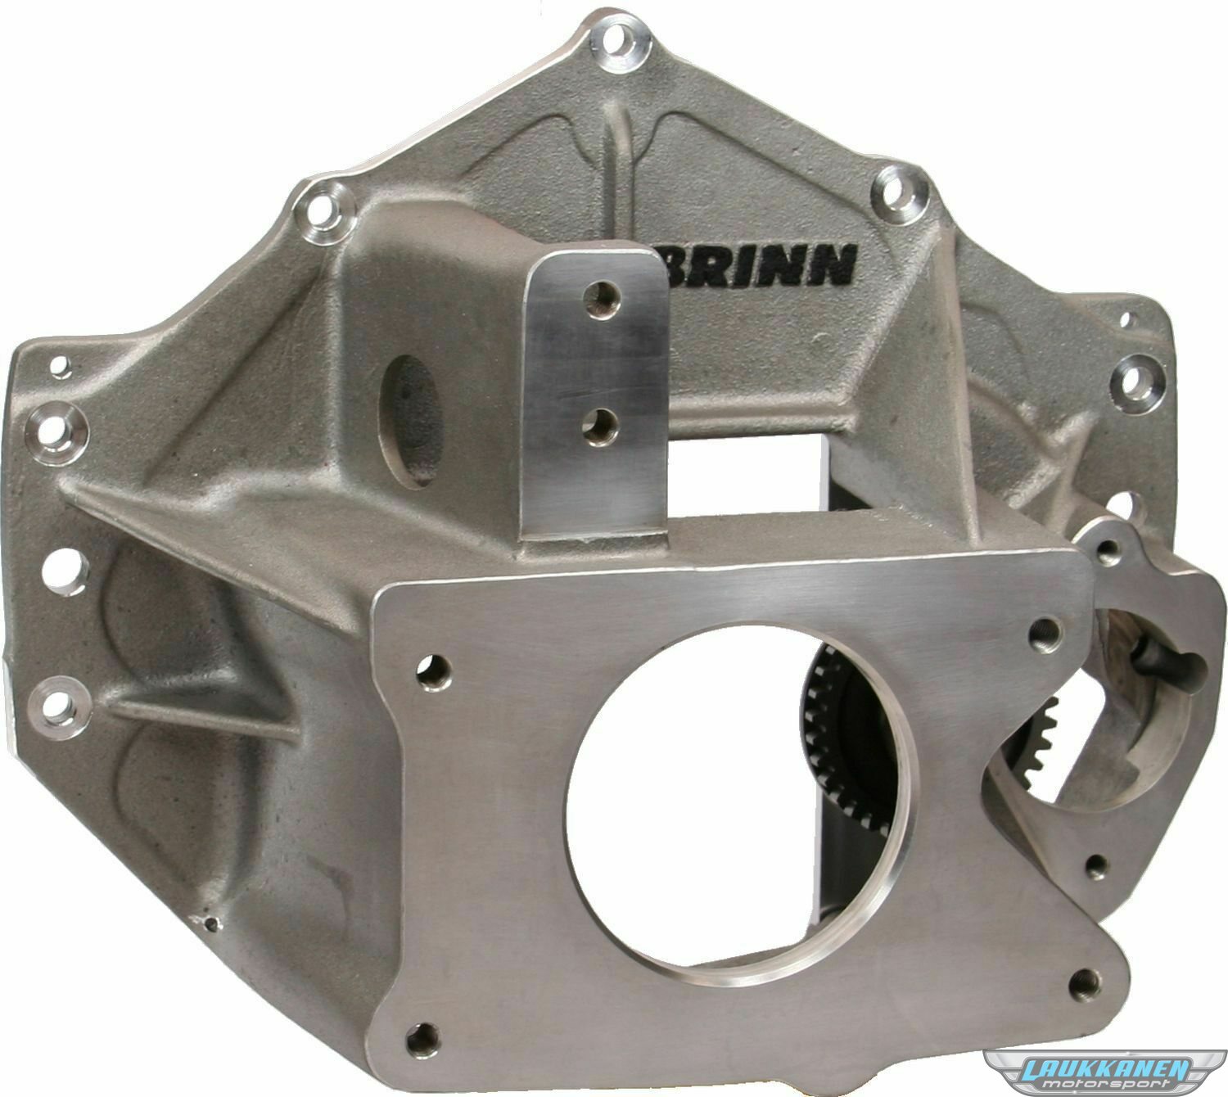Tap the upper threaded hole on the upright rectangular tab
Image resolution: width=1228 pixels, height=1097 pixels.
click(600, 296)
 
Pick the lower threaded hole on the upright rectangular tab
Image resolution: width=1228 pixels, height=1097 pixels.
click(599, 425)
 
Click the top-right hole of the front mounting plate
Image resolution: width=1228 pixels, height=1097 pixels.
click(1045, 632)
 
